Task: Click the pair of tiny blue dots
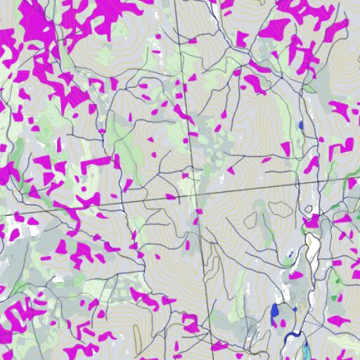291,254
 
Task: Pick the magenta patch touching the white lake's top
311,220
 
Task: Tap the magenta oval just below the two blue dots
296,274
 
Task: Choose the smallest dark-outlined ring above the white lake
308,209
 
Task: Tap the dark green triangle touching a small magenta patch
309,89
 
